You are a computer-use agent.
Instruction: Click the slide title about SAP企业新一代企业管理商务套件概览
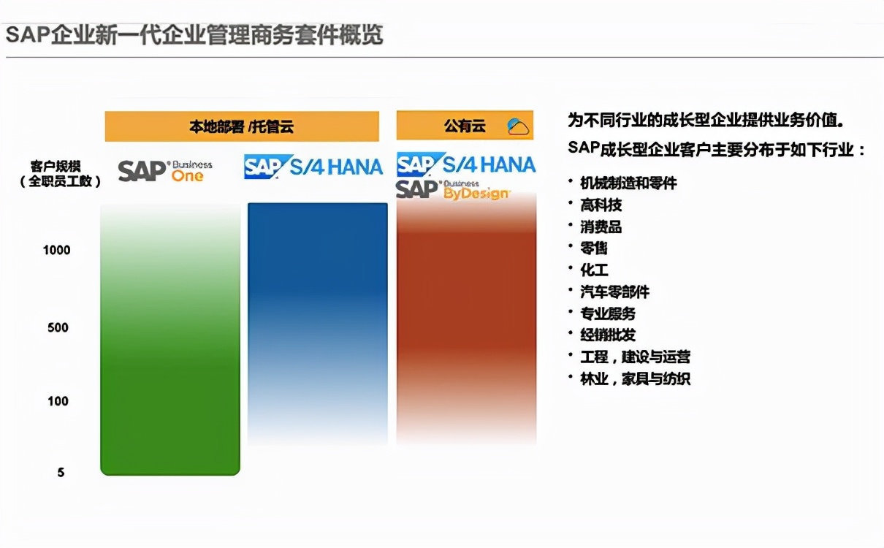194,34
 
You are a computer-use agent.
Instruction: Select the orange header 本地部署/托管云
242,126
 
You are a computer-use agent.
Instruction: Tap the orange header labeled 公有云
465,126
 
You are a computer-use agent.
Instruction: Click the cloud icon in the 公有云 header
518,126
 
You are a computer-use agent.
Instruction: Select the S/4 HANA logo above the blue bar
313,167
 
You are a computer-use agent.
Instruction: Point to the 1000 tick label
57,250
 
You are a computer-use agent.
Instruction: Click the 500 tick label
58,327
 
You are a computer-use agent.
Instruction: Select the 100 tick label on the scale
58,400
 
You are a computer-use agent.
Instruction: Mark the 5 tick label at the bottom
61,473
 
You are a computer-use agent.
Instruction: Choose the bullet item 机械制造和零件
628,183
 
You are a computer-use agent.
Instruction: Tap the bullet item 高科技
601,205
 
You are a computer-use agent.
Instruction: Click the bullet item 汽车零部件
614,292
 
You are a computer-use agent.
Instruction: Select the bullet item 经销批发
608,335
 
